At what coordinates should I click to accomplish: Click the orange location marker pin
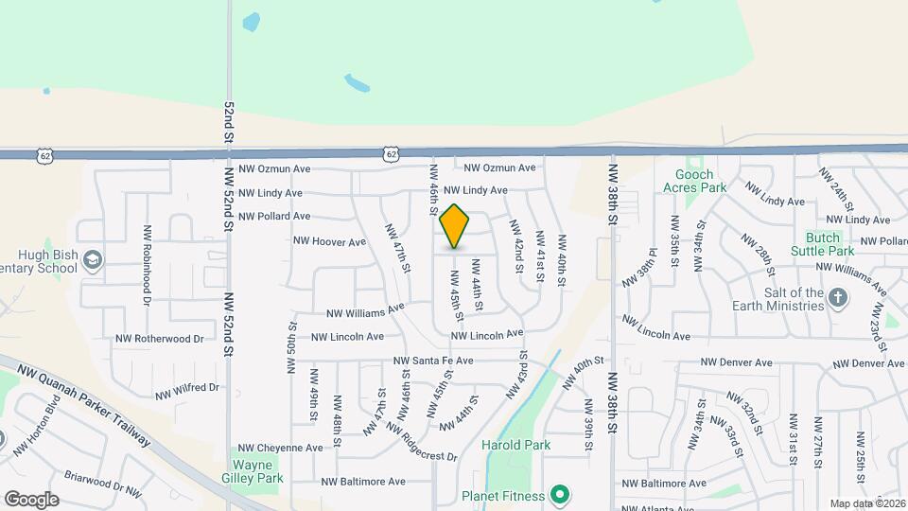pos(455,226)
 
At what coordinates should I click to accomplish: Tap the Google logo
pos(31,499)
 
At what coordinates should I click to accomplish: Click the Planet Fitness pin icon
pos(560,495)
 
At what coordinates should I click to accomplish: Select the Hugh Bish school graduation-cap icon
pos(93,258)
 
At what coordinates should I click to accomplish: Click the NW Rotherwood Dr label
pos(159,338)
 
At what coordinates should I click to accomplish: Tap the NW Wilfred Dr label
pos(187,388)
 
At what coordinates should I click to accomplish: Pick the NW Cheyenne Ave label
pos(281,448)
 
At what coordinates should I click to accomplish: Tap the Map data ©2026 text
pos(866,503)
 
